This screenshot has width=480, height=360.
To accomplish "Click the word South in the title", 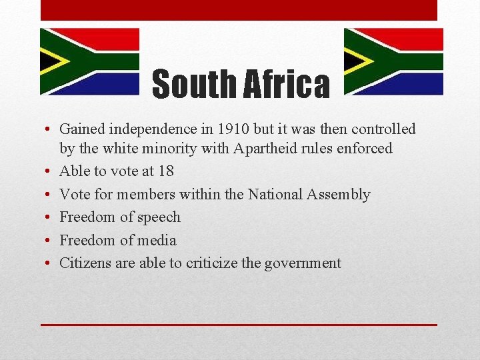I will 194,85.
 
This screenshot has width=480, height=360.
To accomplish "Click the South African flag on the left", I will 89,61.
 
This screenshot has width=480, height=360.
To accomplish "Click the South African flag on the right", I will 393,61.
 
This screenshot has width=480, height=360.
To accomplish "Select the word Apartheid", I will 264,148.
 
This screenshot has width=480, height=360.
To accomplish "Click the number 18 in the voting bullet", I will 165,171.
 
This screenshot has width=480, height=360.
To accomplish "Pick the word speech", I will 158,217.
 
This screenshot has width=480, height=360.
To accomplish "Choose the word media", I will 157,240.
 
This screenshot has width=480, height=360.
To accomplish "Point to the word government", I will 303,263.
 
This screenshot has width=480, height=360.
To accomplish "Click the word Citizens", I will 85,263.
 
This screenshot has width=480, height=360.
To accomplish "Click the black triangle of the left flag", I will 49,61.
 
